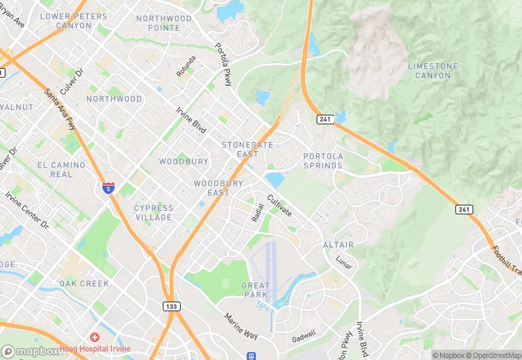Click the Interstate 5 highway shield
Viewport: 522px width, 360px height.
(x=109, y=187)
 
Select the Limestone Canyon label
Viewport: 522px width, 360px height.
(x=433, y=70)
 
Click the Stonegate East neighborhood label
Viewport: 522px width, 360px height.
(x=247, y=149)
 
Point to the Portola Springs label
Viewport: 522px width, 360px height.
(x=323, y=161)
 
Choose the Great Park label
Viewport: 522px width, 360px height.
(x=255, y=290)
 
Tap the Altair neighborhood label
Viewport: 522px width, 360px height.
(x=338, y=245)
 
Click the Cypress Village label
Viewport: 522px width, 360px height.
(x=154, y=212)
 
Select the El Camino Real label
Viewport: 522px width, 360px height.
(x=61, y=170)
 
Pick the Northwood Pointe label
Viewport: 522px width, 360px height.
(x=164, y=23)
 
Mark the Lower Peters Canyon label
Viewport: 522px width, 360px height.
(x=74, y=21)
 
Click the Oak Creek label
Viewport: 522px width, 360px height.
(x=84, y=283)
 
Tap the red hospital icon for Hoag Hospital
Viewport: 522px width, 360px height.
(x=94, y=337)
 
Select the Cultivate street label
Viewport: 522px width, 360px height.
(x=280, y=205)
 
